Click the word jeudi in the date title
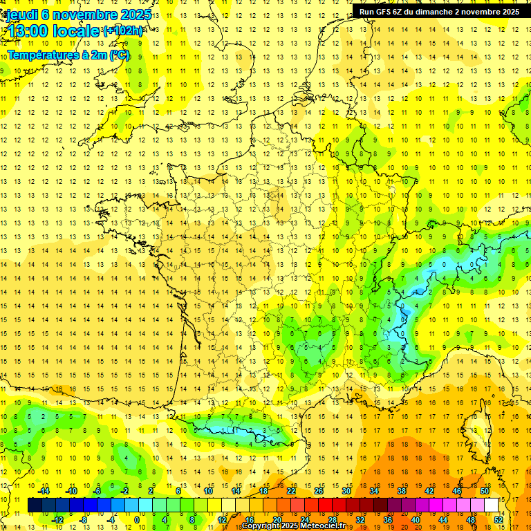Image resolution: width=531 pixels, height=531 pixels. click(19, 15)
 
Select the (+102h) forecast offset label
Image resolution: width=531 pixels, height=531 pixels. click(123, 31)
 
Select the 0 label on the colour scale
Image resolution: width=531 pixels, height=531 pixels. click(137, 520)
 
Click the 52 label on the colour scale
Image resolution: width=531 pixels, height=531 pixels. click(498, 520)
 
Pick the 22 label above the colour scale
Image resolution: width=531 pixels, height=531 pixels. click(290, 491)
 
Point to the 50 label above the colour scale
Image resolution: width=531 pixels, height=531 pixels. click(484, 491)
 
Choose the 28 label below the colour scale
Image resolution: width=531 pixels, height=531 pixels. click(332, 520)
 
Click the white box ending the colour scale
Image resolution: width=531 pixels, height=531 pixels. click(491, 505)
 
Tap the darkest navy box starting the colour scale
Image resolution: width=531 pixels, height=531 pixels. click(35, 505)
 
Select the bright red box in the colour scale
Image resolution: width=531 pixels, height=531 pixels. click(325, 505)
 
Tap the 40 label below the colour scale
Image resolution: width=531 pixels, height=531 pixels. click(415, 520)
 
